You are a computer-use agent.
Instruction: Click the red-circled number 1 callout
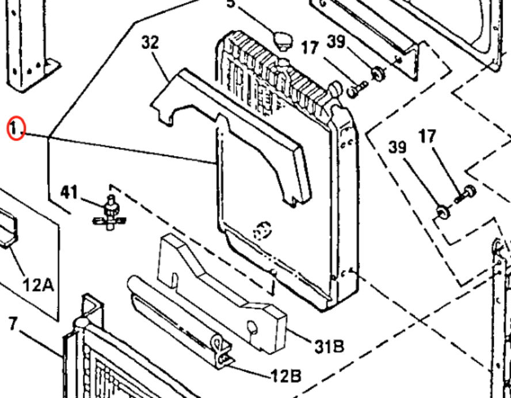click(16, 128)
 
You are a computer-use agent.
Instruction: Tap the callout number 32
click(150, 43)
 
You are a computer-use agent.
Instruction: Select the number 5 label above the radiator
click(231, 4)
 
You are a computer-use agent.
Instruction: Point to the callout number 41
click(70, 192)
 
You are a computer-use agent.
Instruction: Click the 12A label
click(38, 284)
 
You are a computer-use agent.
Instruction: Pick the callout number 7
click(13, 323)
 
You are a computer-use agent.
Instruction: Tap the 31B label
click(329, 346)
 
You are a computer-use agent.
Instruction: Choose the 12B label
click(286, 376)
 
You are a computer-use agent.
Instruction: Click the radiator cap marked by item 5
click(283, 41)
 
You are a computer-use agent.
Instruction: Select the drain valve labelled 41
click(109, 212)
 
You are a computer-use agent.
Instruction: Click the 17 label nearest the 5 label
click(310, 47)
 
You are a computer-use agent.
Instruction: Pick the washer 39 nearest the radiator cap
click(378, 73)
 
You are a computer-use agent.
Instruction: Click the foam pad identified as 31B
click(224, 291)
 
